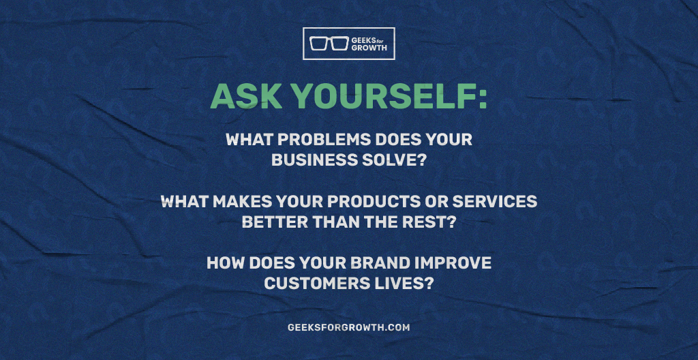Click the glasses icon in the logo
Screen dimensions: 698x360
(329, 43)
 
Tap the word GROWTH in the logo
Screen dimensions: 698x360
(369, 48)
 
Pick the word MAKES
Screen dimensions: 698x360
(242, 202)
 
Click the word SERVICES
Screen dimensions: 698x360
(495, 202)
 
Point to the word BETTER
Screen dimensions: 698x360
(271, 222)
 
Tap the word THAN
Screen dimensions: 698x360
(329, 222)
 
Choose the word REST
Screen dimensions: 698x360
(427, 222)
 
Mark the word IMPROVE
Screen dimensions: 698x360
(453, 263)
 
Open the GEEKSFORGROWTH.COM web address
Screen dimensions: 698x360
(348, 327)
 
